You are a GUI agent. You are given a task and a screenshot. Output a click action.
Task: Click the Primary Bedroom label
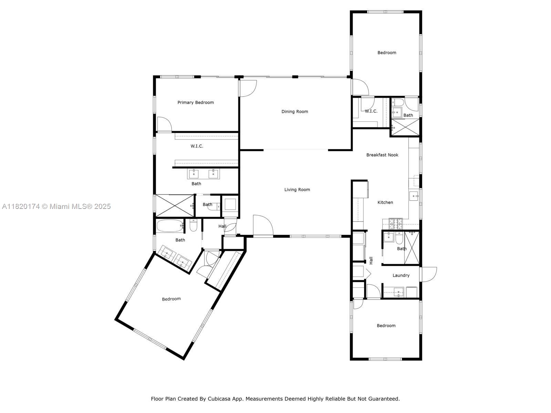[196, 102]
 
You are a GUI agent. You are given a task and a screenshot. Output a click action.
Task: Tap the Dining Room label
[294, 112]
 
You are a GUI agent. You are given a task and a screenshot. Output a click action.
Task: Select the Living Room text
[297, 190]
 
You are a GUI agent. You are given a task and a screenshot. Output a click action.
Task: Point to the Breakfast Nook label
[382, 155]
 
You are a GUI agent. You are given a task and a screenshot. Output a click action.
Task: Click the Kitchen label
[385, 202]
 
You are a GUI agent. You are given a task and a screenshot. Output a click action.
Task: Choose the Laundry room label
[401, 275]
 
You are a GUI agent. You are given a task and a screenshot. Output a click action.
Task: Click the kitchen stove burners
[395, 224]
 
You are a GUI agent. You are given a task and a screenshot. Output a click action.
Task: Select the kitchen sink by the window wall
[414, 196]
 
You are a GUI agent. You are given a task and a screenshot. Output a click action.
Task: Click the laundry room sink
[398, 292]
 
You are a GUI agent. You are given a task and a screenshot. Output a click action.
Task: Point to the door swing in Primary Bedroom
[164, 124]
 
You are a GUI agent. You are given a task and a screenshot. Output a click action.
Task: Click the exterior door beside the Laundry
[429, 274]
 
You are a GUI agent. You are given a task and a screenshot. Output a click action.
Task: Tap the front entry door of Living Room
[263, 225]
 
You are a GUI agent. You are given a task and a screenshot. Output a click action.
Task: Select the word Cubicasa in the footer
[219, 399]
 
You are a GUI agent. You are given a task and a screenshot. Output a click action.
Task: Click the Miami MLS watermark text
[56, 206]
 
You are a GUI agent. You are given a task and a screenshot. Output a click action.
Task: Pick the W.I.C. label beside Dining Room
[371, 111]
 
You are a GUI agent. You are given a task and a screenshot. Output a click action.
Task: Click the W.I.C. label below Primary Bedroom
[197, 146]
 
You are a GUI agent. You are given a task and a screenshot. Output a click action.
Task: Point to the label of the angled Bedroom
[171, 299]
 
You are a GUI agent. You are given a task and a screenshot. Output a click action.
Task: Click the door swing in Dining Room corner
[248, 88]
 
